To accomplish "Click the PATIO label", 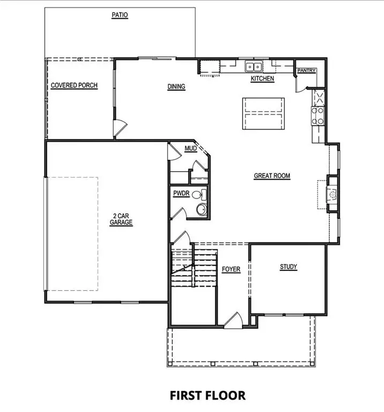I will click(x=120, y=16).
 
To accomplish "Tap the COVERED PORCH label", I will click(x=74, y=85).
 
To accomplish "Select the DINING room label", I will click(x=176, y=86).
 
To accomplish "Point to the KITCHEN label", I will click(x=262, y=79).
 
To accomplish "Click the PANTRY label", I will click(x=307, y=70).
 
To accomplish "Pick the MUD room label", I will click(x=190, y=148).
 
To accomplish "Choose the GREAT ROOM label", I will click(x=272, y=175).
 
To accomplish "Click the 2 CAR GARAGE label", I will click(x=122, y=219).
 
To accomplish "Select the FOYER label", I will click(x=231, y=269).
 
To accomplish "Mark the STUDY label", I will click(x=288, y=267).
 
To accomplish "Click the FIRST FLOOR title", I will click(x=208, y=395).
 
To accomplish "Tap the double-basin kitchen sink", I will click(x=253, y=67).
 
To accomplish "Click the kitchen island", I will click(x=263, y=113).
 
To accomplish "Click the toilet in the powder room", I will click(x=197, y=195).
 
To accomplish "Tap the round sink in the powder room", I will click(x=202, y=209).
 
